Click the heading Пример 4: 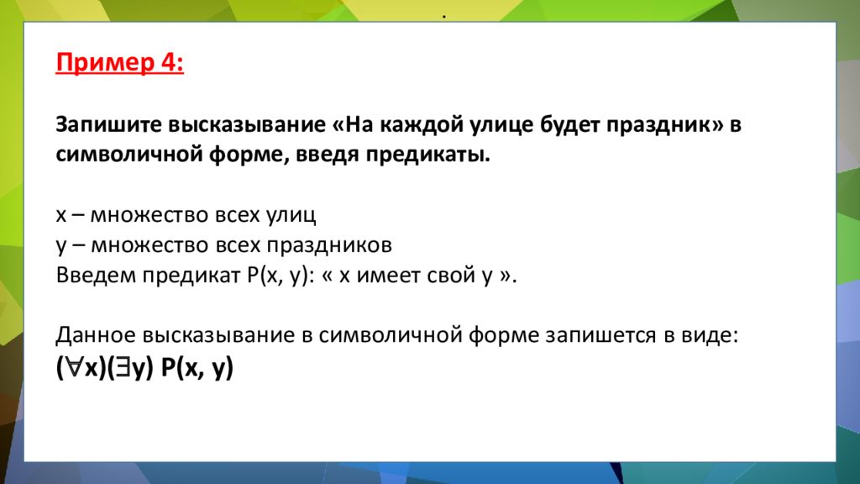coord(120,64)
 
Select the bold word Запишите coord(107,125)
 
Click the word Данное coord(94,335)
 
